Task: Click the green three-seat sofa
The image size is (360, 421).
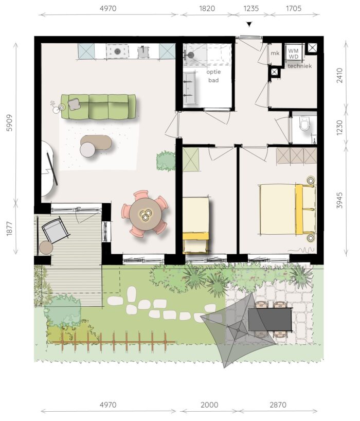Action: click(98, 107)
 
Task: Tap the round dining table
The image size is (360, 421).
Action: click(146, 214)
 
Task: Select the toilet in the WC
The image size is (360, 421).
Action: click(304, 124)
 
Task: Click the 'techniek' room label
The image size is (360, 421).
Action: click(300, 66)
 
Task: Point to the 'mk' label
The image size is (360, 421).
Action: click(275, 53)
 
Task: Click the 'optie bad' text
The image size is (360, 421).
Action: click(213, 76)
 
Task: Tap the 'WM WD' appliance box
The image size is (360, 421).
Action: click(294, 54)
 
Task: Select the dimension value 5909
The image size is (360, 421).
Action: click(9, 122)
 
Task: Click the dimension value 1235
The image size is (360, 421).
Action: click(251, 8)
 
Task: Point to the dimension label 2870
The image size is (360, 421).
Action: click(278, 405)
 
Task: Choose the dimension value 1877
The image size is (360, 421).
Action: click(9, 229)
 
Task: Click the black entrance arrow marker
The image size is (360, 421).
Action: click(249, 24)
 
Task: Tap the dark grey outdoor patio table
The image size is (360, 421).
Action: click(270, 320)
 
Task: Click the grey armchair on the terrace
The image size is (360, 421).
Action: click(55, 231)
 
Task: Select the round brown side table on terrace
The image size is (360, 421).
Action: click(46, 248)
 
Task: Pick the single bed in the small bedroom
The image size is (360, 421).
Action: click(196, 225)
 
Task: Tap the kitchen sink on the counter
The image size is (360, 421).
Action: click(143, 51)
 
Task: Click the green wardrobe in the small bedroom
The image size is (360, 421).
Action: click(191, 160)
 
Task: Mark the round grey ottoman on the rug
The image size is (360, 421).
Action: click(87, 149)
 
